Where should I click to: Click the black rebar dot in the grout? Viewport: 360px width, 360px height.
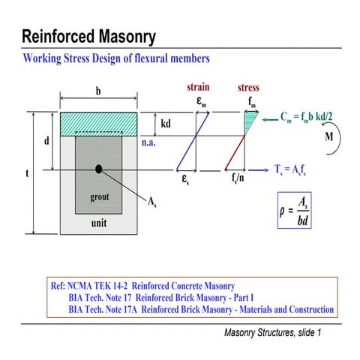pos(98,169)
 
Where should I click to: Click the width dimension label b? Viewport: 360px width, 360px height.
pos(97,91)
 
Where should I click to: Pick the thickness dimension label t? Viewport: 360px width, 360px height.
pos(27,173)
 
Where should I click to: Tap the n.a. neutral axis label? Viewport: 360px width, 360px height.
pos(169,139)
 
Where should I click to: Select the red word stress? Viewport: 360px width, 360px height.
pos(248,88)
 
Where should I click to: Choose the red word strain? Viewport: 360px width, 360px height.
pos(197,88)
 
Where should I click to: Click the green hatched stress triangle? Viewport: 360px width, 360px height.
pos(250,120)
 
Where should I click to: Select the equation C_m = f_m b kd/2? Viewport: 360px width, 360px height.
pos(305,117)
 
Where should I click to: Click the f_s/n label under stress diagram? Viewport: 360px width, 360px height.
pos(241,180)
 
